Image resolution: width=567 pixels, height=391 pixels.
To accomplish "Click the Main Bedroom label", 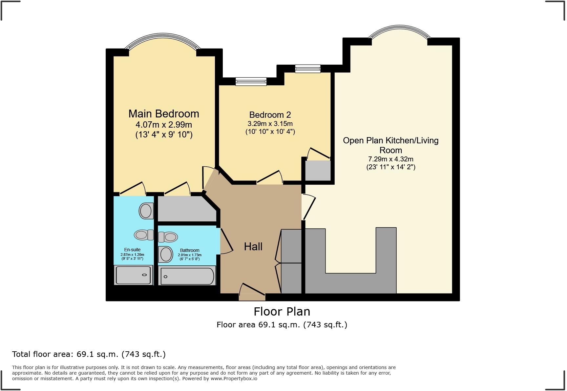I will click(164, 114).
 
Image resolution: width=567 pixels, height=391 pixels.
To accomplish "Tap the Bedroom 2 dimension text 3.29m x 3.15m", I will click(270, 124).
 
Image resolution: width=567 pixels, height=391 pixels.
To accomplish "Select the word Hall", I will click(253, 247).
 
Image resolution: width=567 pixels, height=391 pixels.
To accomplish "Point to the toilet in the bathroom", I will click(168, 237).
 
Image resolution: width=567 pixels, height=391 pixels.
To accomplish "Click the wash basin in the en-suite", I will click(146, 211).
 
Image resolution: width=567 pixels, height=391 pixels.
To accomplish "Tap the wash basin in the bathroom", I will click(166, 254).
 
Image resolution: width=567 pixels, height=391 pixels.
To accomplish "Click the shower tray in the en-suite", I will click(134, 275).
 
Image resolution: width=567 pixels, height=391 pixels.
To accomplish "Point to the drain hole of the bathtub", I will click(165, 277).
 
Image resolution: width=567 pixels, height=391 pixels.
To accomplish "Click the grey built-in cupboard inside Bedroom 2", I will click(318, 170).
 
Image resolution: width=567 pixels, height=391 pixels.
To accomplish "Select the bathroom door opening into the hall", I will click(226, 241).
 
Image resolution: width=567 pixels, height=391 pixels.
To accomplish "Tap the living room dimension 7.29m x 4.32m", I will click(390, 159).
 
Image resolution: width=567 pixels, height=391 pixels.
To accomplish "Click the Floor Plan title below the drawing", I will click(282, 311).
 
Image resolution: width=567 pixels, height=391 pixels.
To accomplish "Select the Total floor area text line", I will click(89, 354).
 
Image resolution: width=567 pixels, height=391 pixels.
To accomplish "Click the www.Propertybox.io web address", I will click(234, 379).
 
